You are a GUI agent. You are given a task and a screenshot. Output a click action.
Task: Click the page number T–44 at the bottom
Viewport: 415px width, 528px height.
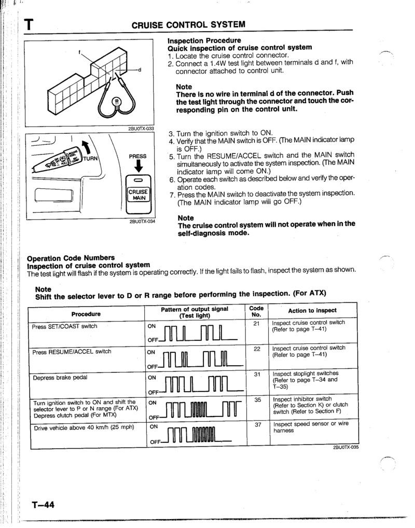[x=43, y=505]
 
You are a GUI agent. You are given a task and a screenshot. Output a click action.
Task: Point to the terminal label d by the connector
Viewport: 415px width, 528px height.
[x=140, y=70]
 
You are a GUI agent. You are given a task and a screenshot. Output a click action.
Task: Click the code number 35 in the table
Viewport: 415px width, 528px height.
[x=256, y=399]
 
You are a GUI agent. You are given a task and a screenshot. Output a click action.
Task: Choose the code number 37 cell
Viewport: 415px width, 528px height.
[x=256, y=424]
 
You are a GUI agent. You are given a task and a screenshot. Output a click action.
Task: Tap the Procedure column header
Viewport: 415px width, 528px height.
[x=86, y=314]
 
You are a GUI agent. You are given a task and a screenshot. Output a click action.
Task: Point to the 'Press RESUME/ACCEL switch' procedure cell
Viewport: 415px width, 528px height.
[x=72, y=351]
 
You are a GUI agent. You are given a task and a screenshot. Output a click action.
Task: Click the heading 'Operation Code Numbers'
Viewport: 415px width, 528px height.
[x=71, y=258]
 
